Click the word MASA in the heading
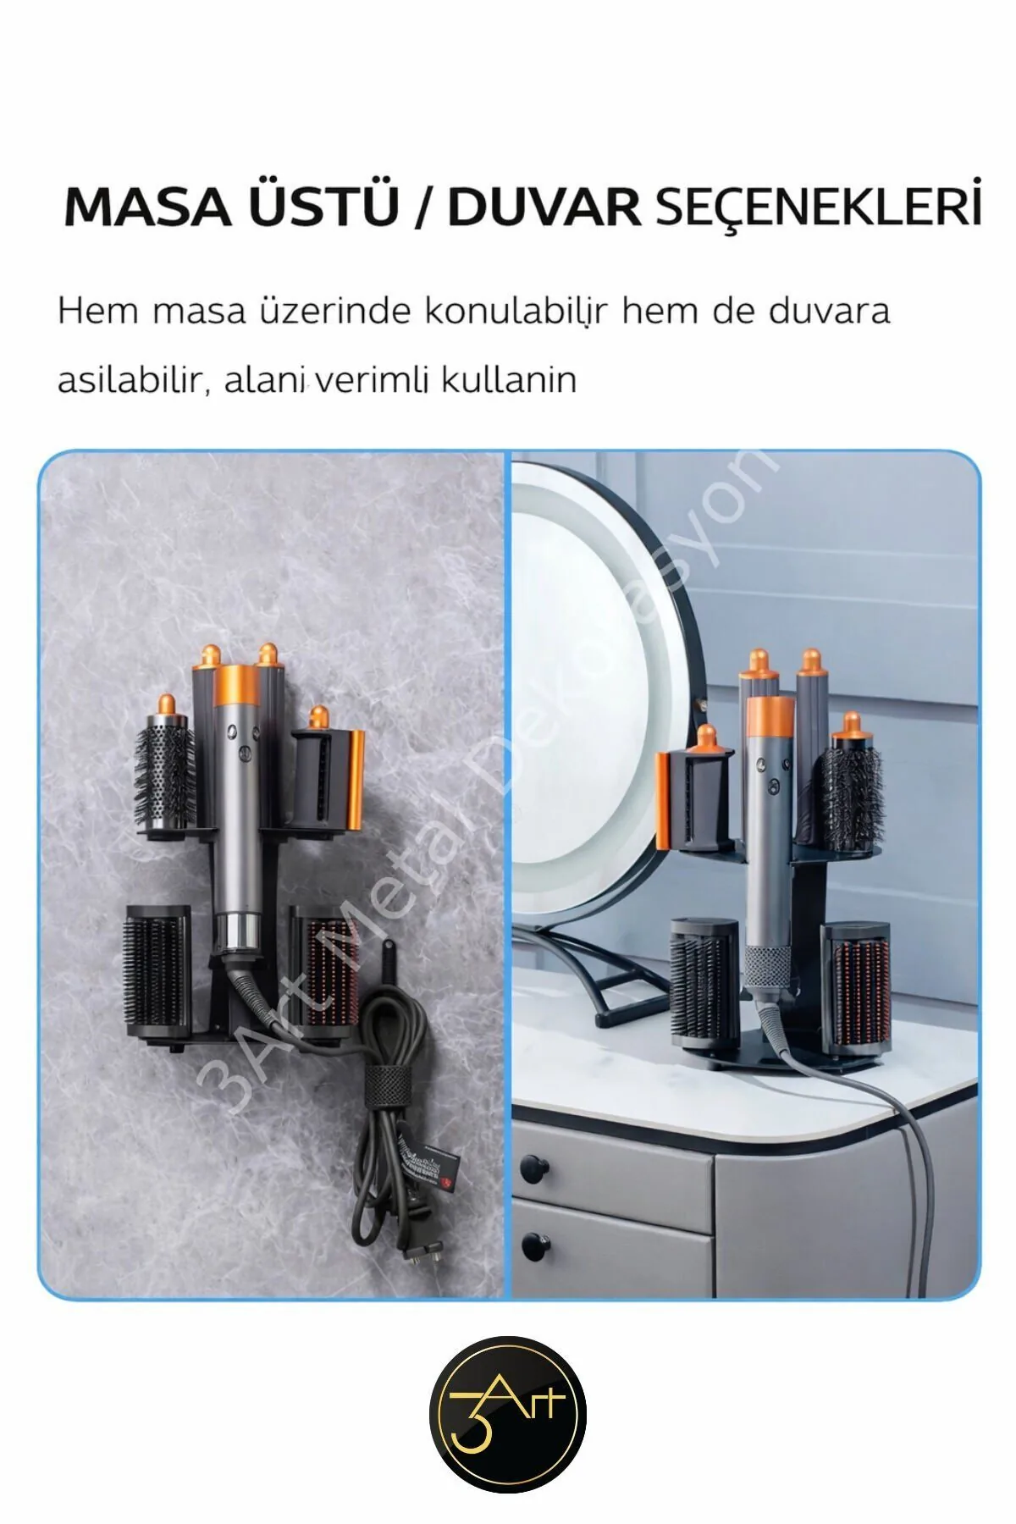146,207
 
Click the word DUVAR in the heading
544,207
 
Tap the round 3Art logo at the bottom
508,1414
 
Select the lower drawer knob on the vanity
533,1246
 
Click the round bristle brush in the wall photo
163,772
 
